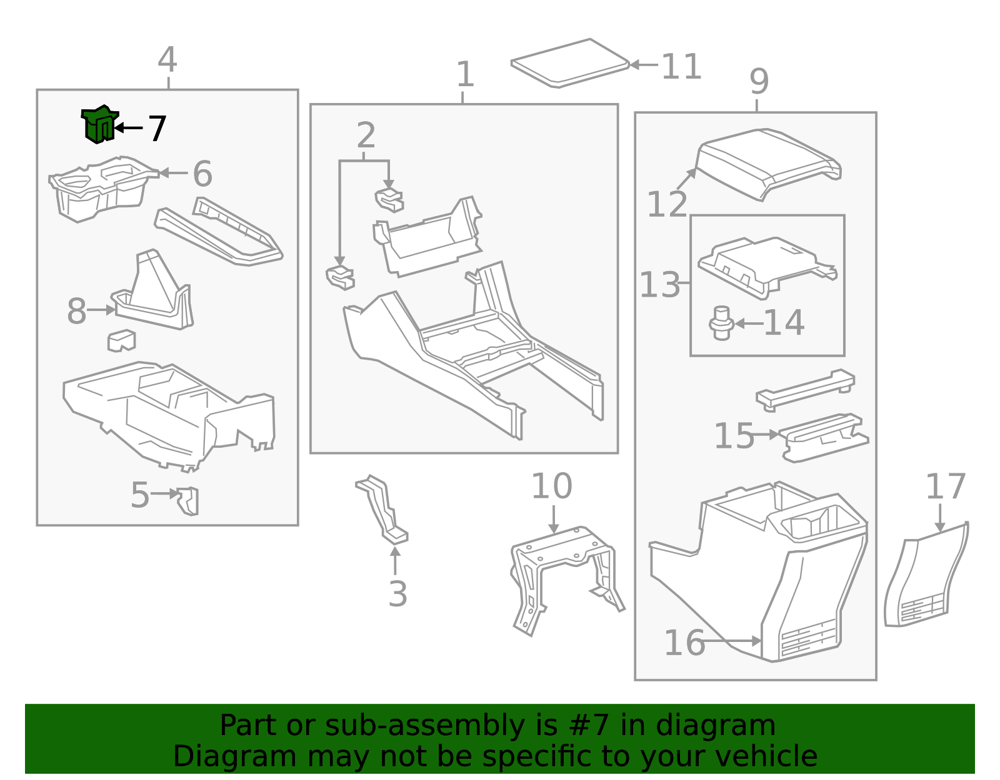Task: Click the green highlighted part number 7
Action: pyautogui.click(x=99, y=124)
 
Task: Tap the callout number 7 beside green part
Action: pyautogui.click(x=157, y=129)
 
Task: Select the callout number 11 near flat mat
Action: pyautogui.click(x=681, y=66)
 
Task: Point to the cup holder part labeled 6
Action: pyautogui.click(x=100, y=187)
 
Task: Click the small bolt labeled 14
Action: pyautogui.click(x=721, y=323)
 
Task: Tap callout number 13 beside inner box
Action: pyautogui.click(x=660, y=285)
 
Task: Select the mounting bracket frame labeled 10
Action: pyautogui.click(x=562, y=575)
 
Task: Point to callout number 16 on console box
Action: pyautogui.click(x=684, y=643)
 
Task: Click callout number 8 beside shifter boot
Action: pyautogui.click(x=76, y=311)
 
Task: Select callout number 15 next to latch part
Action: pyautogui.click(x=734, y=435)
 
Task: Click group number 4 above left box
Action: pyautogui.click(x=167, y=60)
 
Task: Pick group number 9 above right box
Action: pyautogui.click(x=759, y=82)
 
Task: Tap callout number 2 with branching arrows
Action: pyautogui.click(x=366, y=136)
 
